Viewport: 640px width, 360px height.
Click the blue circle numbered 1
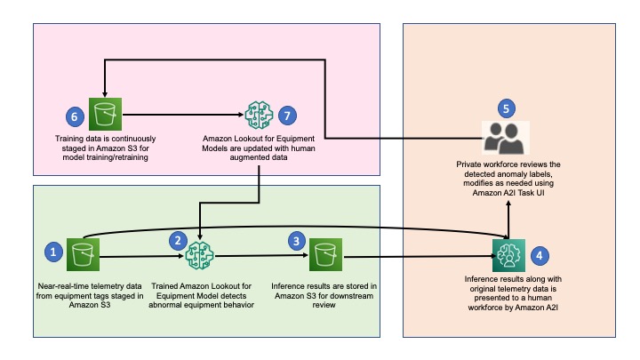coord(53,252)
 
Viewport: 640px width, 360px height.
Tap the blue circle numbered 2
coord(179,241)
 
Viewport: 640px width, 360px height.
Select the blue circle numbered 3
coord(297,241)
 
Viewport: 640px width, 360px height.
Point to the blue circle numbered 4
coord(540,256)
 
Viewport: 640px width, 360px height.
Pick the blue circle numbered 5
coord(507,108)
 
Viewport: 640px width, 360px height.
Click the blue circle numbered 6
coord(75,116)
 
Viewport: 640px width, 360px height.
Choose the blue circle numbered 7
coord(287,116)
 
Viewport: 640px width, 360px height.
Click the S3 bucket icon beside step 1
coord(83,255)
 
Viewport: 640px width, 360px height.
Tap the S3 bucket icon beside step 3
coord(325,255)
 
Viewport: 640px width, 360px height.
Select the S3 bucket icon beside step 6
coord(105,114)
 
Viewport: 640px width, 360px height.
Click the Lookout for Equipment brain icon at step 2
coord(200,255)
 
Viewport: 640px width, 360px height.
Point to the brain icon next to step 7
coord(259,115)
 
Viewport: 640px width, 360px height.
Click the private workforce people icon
coord(506,138)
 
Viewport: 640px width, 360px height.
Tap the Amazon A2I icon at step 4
coord(508,255)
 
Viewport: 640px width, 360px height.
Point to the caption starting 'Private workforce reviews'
coord(508,179)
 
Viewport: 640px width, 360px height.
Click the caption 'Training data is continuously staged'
coord(105,148)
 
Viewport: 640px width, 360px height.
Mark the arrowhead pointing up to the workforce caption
coord(508,204)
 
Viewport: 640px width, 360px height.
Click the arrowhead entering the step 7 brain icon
coord(241,115)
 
